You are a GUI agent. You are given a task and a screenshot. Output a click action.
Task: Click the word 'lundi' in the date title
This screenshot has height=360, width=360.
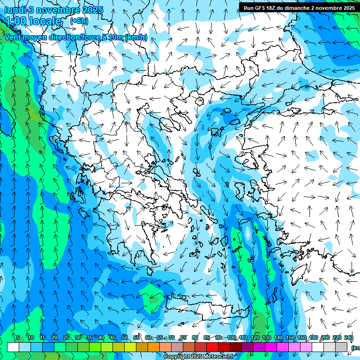click(15, 10)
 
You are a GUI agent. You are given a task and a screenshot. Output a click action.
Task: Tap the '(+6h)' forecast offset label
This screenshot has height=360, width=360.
click(79, 21)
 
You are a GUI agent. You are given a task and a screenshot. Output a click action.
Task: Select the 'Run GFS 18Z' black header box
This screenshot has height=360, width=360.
click(299, 7)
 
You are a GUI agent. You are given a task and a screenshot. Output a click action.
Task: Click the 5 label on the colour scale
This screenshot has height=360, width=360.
click(18, 338)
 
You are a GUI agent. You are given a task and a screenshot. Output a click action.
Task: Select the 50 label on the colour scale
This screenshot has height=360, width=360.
click(124, 338)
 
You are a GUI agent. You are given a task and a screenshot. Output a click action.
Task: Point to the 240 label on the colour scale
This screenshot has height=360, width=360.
click(348, 338)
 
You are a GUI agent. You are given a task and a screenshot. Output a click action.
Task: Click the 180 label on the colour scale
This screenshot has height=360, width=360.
click(313, 338)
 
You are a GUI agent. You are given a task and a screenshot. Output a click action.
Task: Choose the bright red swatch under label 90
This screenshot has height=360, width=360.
click(212, 347)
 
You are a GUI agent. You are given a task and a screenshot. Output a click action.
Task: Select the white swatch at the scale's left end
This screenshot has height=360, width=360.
click(13, 347)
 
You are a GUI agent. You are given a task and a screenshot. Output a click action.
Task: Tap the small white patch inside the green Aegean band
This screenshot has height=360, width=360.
click(247, 233)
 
